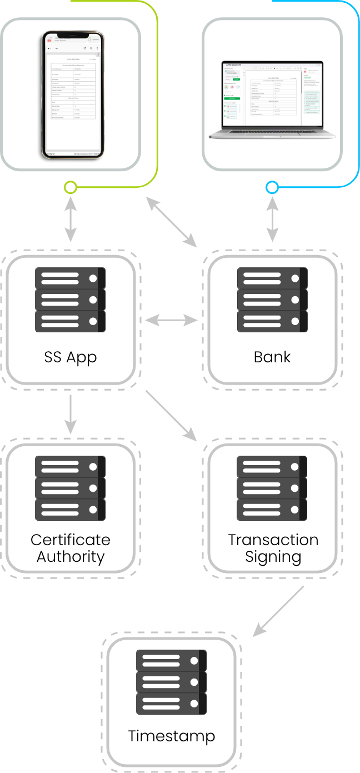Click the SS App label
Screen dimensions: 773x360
pyautogui.click(x=71, y=357)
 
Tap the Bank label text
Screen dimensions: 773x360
pyautogui.click(x=272, y=357)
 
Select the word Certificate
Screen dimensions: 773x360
pyautogui.click(x=71, y=540)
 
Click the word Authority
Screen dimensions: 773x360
pyautogui.click(x=71, y=556)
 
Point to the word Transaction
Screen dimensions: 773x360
pyautogui.click(x=273, y=540)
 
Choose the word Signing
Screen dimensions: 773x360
pyautogui.click(x=273, y=556)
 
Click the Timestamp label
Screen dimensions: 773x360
pyautogui.click(x=171, y=736)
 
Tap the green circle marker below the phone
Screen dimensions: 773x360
pyautogui.click(x=71, y=187)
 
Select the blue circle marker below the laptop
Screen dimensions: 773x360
pyautogui.click(x=272, y=187)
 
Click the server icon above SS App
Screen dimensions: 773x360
pyautogui.click(x=71, y=300)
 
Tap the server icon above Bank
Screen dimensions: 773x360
pyautogui.click(x=272, y=300)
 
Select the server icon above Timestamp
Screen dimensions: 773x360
pyautogui.click(x=171, y=682)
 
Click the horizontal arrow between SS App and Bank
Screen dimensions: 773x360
pyautogui.click(x=171, y=320)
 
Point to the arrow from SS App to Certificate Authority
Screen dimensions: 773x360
pyautogui.click(x=71, y=414)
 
